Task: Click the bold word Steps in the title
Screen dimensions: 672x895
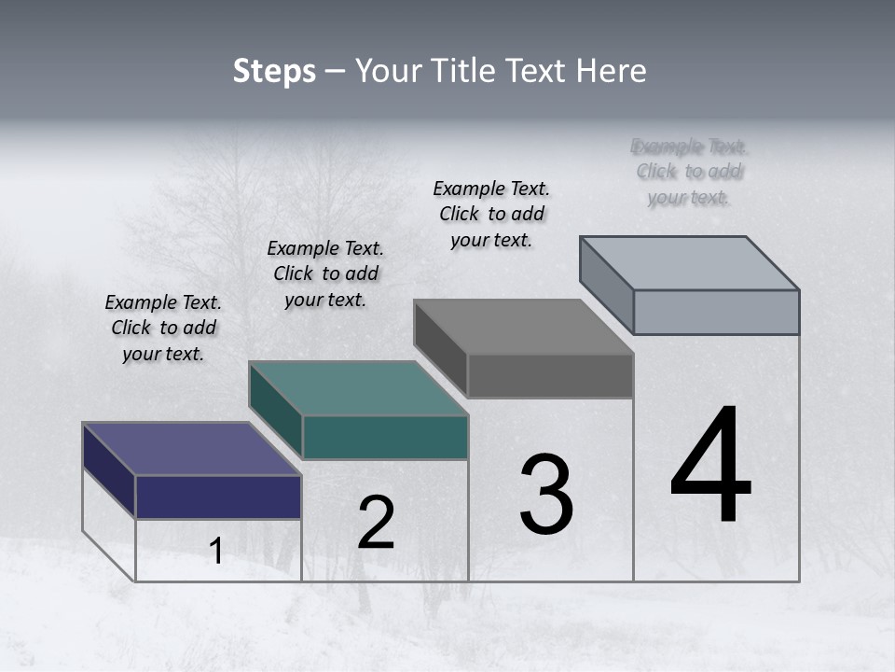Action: pyautogui.click(x=274, y=72)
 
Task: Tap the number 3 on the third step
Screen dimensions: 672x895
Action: pyautogui.click(x=546, y=494)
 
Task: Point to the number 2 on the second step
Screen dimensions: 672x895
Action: pyautogui.click(x=376, y=523)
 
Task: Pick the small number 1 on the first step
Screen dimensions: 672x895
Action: pyautogui.click(x=216, y=552)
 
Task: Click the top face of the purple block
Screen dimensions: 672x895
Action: pyautogui.click(x=190, y=449)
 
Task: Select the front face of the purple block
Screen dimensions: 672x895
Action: pyautogui.click(x=218, y=497)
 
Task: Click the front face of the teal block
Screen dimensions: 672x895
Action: pyautogui.click(x=385, y=437)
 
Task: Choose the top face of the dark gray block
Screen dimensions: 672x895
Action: pyautogui.click(x=523, y=327)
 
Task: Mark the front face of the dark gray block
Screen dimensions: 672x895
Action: pyautogui.click(x=550, y=375)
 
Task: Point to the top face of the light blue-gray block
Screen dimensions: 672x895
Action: pyautogui.click(x=689, y=263)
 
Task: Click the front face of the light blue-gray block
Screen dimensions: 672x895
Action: pyautogui.click(x=716, y=312)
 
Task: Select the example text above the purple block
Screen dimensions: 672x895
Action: pyautogui.click(x=163, y=328)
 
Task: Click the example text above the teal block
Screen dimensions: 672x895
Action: pyautogui.click(x=325, y=273)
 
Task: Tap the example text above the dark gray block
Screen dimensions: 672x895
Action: pyautogui.click(x=491, y=214)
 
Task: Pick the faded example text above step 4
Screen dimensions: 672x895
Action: pyautogui.click(x=690, y=172)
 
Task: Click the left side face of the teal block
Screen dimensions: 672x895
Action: pyautogui.click(x=275, y=409)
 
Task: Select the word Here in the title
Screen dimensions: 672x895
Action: pyautogui.click(x=612, y=72)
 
